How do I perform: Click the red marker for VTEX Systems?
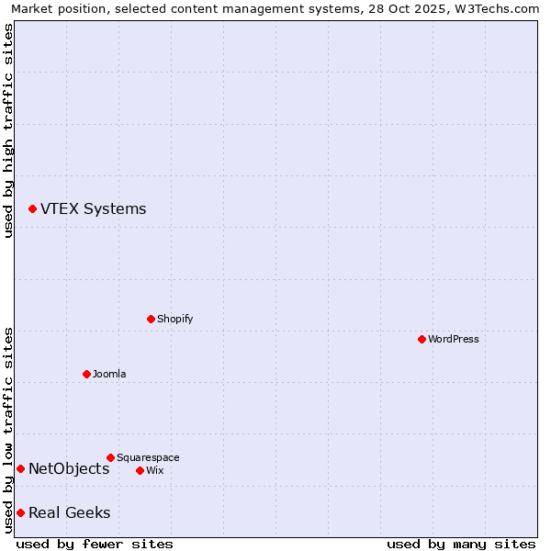point(32,209)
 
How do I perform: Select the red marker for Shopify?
point(152,319)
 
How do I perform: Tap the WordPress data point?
point(422,339)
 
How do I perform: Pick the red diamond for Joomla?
point(86,374)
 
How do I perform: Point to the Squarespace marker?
point(110,457)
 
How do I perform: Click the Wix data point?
point(140,470)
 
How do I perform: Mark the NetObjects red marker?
point(20,469)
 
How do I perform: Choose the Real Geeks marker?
point(20,512)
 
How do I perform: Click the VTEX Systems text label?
point(93,208)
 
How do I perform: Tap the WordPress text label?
point(454,339)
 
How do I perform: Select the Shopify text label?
point(174,319)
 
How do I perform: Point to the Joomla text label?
point(109,374)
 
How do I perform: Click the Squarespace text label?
point(148,457)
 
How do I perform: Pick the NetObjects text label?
point(69,469)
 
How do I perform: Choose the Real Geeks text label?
point(69,512)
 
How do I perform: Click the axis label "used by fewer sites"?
point(95,544)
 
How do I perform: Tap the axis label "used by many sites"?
point(461,544)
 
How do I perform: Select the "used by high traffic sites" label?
point(9,130)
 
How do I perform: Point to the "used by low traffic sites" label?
point(9,429)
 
